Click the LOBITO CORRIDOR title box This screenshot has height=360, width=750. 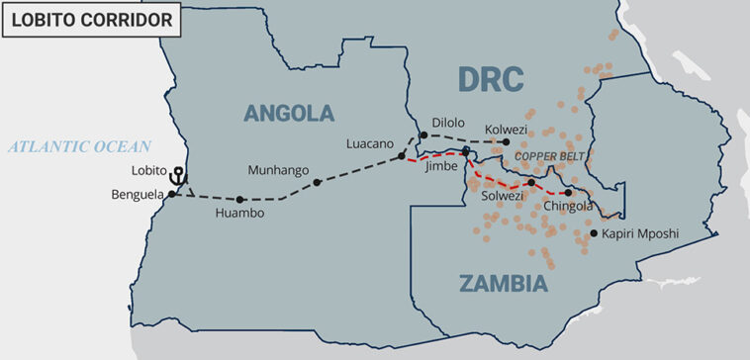coord(91,18)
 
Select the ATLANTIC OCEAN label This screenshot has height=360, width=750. coord(80,147)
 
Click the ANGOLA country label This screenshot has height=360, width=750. coord(289,113)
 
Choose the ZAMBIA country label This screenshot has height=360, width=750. coord(503,284)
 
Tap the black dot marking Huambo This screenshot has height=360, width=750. coord(240,199)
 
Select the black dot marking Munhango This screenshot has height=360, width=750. coord(317,182)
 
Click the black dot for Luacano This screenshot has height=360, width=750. coord(401,156)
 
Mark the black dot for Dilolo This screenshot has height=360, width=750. coord(422,135)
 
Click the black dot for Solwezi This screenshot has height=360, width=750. coord(531,182)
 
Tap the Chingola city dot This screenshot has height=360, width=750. coord(568,193)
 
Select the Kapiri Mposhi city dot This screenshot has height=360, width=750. coord(594,233)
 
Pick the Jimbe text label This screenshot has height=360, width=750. coord(441,167)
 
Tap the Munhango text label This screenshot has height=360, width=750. coord(278,169)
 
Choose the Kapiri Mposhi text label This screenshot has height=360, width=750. coord(640,234)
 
